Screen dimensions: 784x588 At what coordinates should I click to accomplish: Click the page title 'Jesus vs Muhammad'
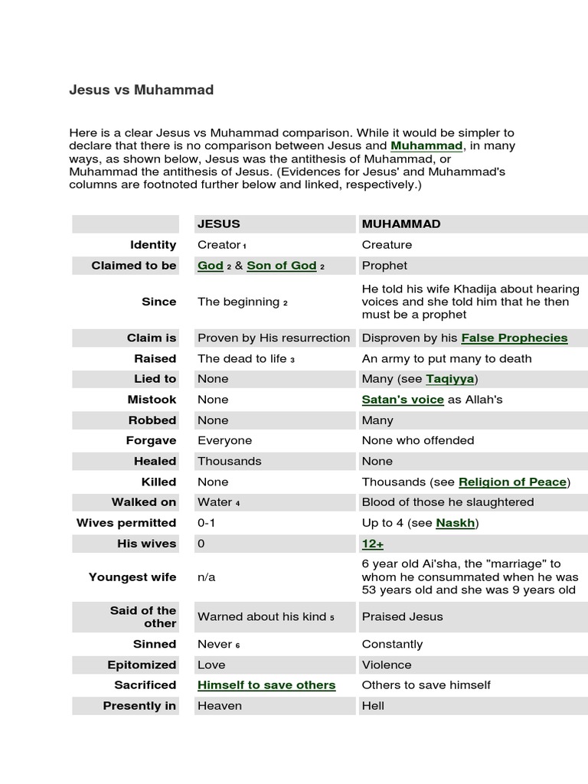tap(142, 90)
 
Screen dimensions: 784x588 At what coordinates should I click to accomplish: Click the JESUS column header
tap(219, 224)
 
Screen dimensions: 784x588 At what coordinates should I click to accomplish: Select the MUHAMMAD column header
tap(401, 224)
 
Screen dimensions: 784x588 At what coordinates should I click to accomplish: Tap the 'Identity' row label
tap(153, 245)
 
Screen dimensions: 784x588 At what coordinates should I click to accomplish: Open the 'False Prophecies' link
tap(514, 338)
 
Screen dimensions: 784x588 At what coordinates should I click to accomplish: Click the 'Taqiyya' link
tap(450, 379)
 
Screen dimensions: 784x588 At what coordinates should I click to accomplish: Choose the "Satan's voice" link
tap(403, 400)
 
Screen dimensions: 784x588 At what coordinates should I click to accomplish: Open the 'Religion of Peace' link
tap(512, 482)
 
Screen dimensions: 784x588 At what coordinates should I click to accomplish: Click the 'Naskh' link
tap(454, 523)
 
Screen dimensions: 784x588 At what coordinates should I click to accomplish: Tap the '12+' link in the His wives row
tap(373, 544)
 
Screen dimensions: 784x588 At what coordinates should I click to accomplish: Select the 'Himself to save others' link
tap(266, 685)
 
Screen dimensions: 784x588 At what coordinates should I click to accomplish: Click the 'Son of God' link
tap(281, 266)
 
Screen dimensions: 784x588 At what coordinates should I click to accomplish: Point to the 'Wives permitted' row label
tap(126, 523)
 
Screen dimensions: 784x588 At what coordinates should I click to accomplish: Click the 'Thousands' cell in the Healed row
tap(230, 461)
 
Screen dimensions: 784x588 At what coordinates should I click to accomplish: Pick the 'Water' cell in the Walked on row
tap(215, 502)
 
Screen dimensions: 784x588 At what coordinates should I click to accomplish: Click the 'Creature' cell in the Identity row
tap(387, 245)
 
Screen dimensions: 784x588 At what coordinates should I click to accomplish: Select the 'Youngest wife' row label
tap(132, 577)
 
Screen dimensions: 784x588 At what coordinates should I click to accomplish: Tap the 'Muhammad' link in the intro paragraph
tap(426, 145)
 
